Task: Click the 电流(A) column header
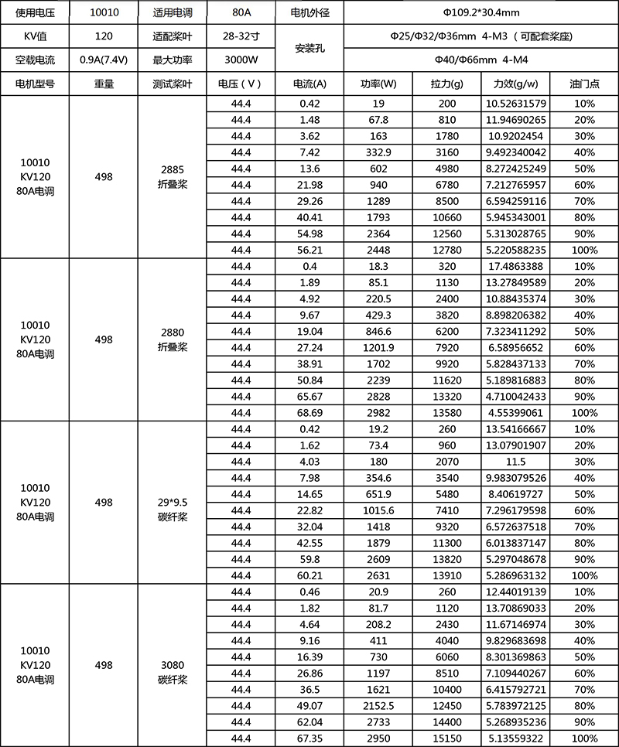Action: pyautogui.click(x=309, y=84)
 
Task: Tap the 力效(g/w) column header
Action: pyautogui.click(x=515, y=84)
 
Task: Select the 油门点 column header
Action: pyautogui.click(x=585, y=84)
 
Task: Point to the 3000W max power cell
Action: pyautogui.click(x=241, y=60)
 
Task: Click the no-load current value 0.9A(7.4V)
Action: pyautogui.click(x=104, y=60)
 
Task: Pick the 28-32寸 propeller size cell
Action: pyautogui.click(x=241, y=36)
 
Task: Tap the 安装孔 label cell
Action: pyautogui.click(x=309, y=48)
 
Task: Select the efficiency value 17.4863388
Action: pyautogui.click(x=515, y=266)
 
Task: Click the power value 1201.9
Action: pyautogui.click(x=378, y=347)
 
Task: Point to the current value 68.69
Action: pyautogui.click(x=309, y=412)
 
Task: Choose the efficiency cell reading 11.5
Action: pyautogui.click(x=515, y=462)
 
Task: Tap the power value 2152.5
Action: pyautogui.click(x=378, y=705)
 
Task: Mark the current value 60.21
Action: pyautogui.click(x=309, y=575)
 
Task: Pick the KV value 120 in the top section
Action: pyautogui.click(x=104, y=36)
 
